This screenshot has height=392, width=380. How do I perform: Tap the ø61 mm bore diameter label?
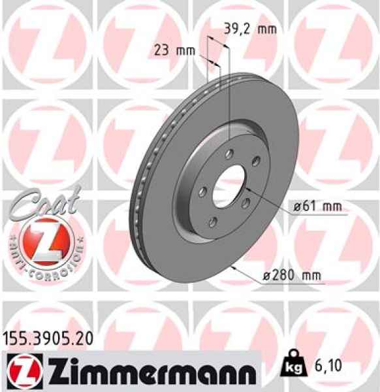click(319, 207)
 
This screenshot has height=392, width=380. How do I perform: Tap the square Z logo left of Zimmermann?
click(18, 370)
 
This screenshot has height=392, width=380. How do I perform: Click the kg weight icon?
click(293, 368)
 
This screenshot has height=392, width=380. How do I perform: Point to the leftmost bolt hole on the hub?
click(203, 191)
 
